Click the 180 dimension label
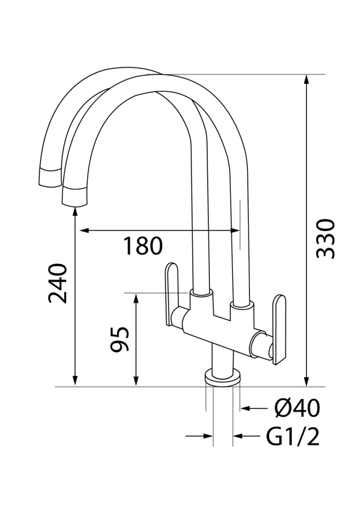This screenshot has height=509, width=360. click(x=142, y=246)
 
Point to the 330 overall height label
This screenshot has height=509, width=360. click(x=326, y=238)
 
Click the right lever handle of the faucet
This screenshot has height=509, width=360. click(x=278, y=328)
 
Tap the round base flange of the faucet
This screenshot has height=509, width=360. click(x=223, y=378)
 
